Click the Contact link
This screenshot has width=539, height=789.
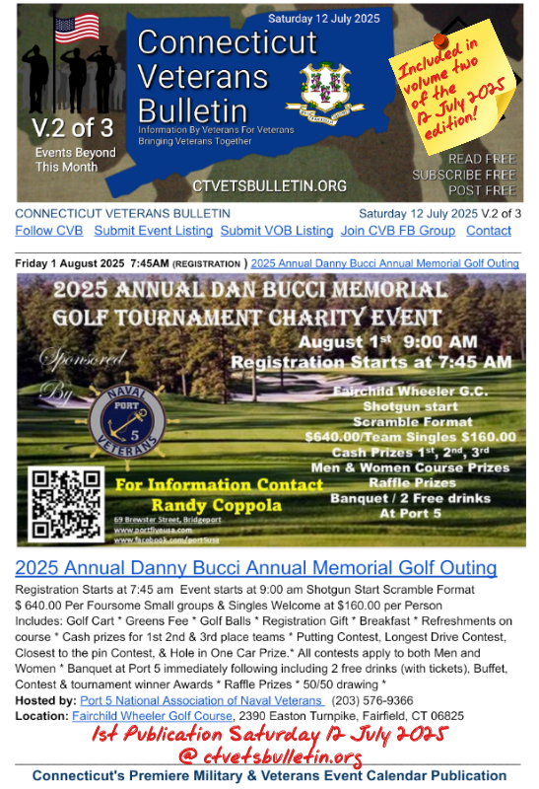click(x=489, y=231)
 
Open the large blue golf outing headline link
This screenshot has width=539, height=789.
click(x=256, y=568)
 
